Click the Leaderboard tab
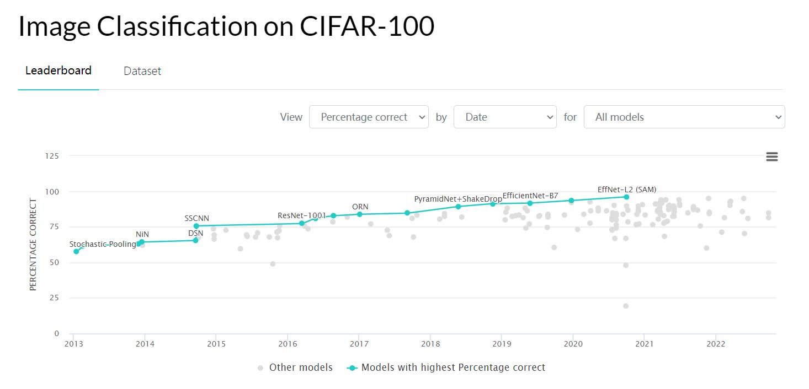(x=58, y=71)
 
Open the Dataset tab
(x=142, y=71)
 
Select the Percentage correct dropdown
(x=369, y=117)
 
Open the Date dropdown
(x=504, y=117)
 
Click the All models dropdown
(x=684, y=117)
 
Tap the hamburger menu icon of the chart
(x=771, y=157)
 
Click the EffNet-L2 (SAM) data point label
(x=627, y=190)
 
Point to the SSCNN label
(x=196, y=219)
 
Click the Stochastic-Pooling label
(x=103, y=244)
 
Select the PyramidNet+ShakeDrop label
(x=458, y=199)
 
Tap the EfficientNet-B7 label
(x=530, y=196)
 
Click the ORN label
(x=360, y=207)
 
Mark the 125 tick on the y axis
(x=52, y=156)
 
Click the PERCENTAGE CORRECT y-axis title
(x=33, y=245)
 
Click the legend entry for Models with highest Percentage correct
(x=453, y=368)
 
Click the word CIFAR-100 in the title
(x=367, y=26)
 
